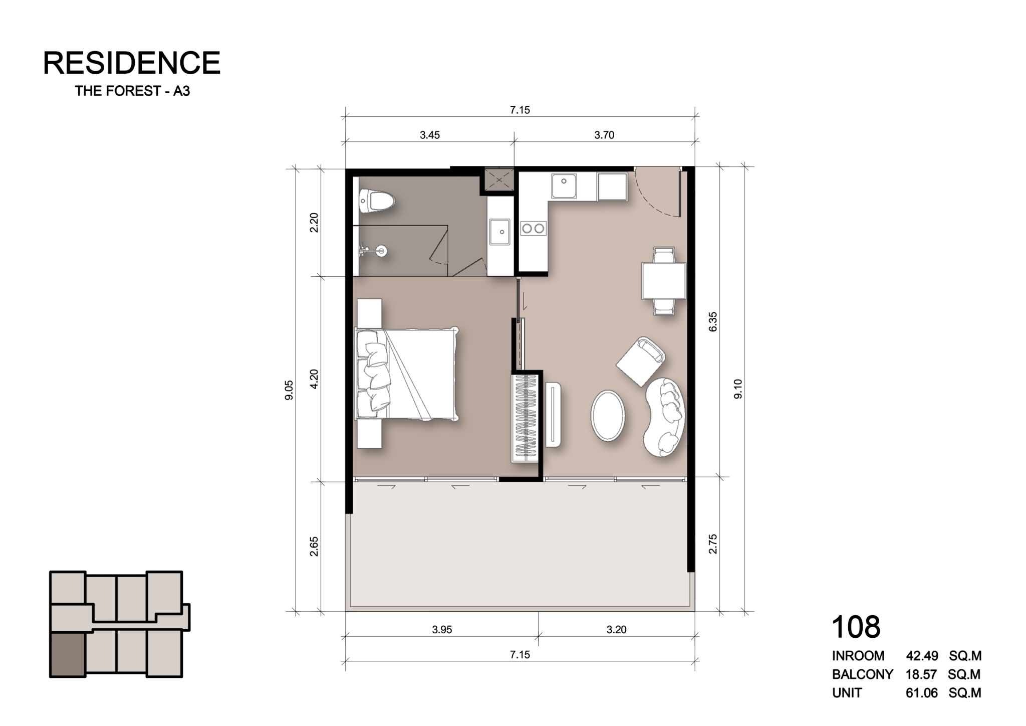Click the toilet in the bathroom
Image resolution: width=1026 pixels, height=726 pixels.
[x=377, y=201]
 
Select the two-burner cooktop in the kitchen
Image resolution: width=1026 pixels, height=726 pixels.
[x=533, y=229]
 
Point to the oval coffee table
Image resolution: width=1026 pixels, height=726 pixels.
[x=608, y=416]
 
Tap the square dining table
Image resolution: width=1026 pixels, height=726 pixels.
[x=664, y=281]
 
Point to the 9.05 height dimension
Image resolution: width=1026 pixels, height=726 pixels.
[x=289, y=390]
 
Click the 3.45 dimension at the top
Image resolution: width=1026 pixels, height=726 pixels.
[x=430, y=135]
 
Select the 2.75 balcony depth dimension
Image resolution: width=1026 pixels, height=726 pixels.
[x=713, y=544]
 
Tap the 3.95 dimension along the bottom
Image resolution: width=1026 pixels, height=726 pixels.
[x=442, y=630]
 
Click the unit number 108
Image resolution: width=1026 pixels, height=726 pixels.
[x=856, y=627]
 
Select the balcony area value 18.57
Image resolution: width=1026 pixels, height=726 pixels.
[x=921, y=674]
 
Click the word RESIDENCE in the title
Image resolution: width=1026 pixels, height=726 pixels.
[x=132, y=63]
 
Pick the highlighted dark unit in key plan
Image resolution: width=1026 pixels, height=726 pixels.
[x=68, y=654]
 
